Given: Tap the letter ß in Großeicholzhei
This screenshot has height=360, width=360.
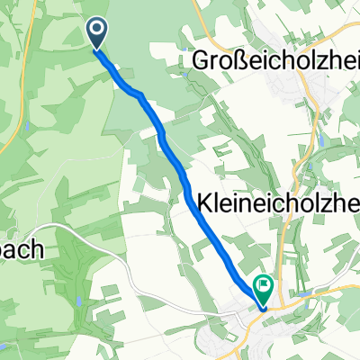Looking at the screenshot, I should click(x=235, y=59).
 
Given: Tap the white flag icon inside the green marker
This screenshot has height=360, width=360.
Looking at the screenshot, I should click(x=265, y=287).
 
